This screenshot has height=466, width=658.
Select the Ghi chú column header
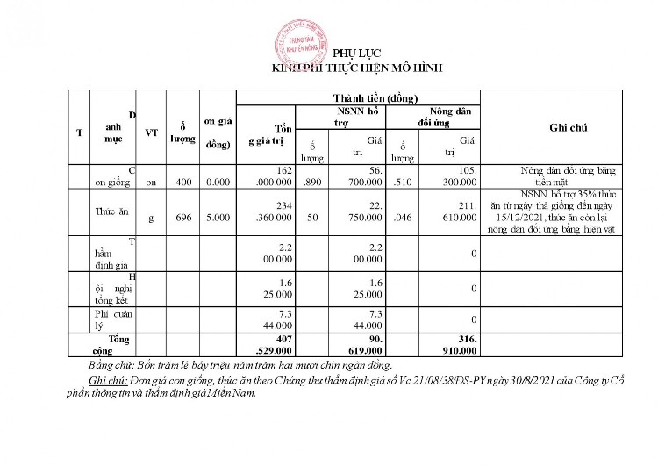pos(568,128)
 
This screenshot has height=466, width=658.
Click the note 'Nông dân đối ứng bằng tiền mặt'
pos(569,176)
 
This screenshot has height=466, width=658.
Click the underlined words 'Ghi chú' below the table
pos(109,383)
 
